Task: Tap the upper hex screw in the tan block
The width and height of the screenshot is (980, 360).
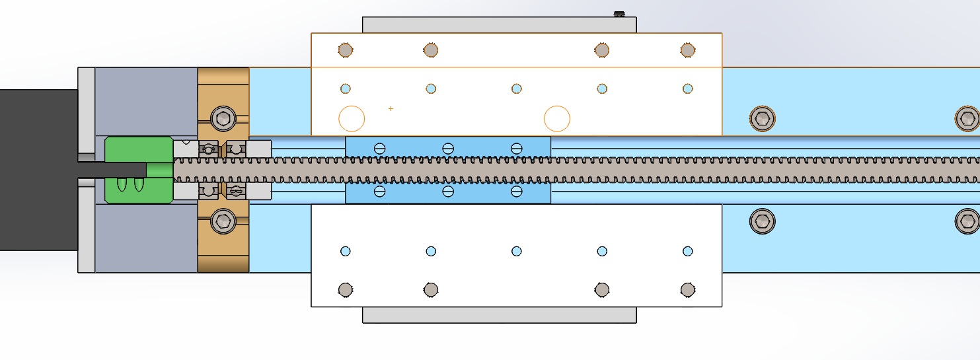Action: click(223, 119)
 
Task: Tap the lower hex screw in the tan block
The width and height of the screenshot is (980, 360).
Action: click(223, 221)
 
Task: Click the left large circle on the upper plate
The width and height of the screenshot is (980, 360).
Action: click(352, 119)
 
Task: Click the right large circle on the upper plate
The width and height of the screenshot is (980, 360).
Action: click(557, 119)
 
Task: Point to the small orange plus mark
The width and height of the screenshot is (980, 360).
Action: click(391, 108)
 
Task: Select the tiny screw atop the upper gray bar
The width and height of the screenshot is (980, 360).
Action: click(619, 13)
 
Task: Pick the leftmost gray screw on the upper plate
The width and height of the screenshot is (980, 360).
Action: click(345, 50)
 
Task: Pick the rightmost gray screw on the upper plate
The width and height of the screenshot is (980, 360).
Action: click(688, 50)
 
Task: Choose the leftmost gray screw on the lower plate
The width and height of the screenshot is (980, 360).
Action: click(345, 289)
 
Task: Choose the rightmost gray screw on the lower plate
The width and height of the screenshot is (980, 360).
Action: click(688, 289)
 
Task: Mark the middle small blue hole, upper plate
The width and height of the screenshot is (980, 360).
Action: click(517, 89)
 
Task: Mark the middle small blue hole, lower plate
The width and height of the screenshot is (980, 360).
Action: click(517, 251)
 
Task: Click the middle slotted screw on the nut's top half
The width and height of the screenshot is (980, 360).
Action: click(448, 148)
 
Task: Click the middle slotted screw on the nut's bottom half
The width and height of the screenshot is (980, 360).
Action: click(448, 192)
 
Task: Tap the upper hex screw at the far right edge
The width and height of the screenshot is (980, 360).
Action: click(967, 119)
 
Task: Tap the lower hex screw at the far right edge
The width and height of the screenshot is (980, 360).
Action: click(967, 221)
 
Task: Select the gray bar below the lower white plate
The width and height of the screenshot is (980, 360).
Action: click(500, 315)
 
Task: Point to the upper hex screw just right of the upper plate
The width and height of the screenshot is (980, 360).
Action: click(763, 119)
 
